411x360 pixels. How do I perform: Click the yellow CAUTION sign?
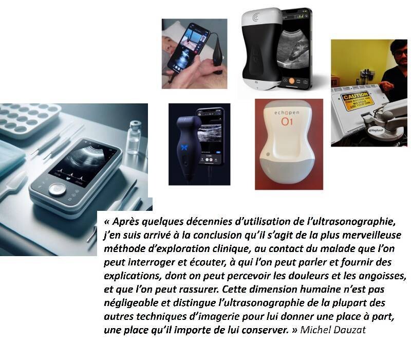tap(355, 101)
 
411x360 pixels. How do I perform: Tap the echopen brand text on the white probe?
tap(287, 113)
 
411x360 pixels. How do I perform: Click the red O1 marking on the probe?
tap(287, 121)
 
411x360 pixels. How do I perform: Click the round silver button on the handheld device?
tap(58, 189)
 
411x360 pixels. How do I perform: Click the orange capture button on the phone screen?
tap(292, 81)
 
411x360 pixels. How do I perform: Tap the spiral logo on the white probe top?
tap(256, 17)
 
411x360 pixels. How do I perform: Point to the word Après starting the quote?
tap(126, 222)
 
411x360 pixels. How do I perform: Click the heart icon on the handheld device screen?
tap(69, 178)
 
